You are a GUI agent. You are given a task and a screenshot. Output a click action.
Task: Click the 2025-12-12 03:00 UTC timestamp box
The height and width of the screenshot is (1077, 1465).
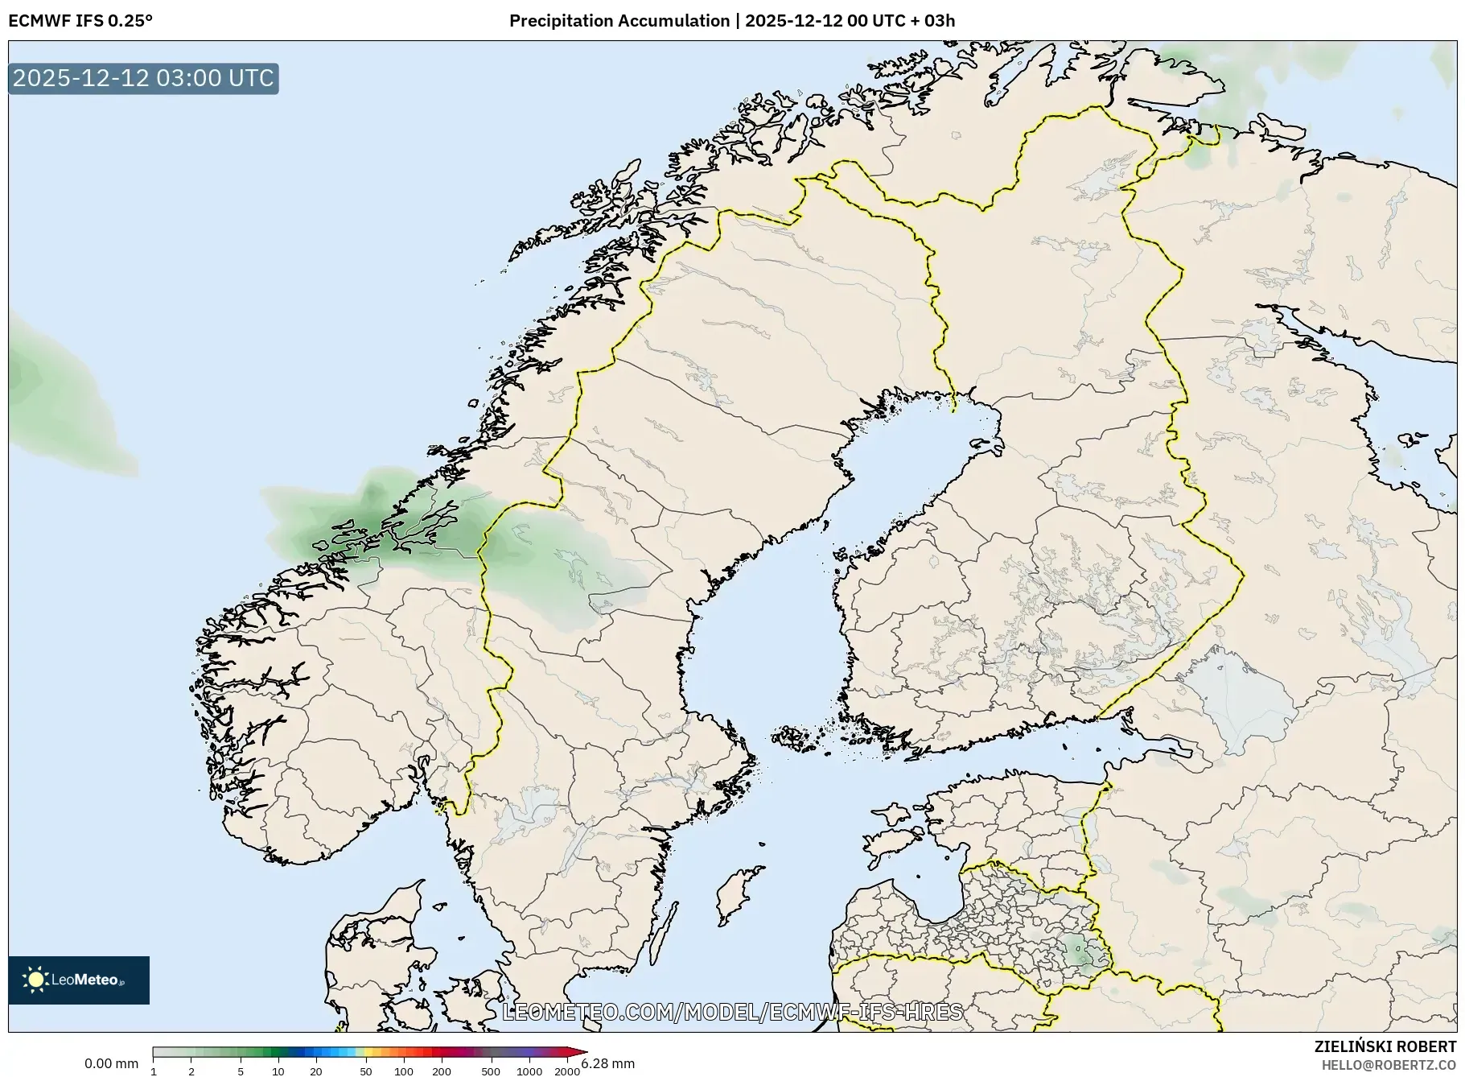[143, 78]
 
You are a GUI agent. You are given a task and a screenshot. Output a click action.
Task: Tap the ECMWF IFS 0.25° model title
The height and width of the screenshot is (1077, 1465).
[80, 21]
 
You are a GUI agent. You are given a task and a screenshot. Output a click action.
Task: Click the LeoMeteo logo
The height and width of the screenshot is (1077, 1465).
[79, 980]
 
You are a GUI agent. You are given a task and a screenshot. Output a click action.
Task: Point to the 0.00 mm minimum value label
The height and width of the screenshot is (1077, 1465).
[111, 1063]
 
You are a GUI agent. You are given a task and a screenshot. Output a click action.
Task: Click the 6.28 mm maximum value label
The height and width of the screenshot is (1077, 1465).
[607, 1063]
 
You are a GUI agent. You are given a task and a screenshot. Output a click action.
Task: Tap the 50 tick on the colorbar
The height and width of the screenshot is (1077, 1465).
[366, 1071]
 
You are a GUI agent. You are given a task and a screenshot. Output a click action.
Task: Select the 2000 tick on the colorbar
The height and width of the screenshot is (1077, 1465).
[567, 1071]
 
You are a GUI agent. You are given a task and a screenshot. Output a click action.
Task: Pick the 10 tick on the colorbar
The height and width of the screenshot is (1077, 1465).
[278, 1071]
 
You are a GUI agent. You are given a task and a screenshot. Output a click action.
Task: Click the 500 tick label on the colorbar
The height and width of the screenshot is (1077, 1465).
[490, 1071]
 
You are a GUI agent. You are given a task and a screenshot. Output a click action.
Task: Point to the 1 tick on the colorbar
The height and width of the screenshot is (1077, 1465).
[154, 1071]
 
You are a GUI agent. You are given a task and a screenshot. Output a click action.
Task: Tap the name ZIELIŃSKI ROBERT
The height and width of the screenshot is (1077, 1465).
[1385, 1046]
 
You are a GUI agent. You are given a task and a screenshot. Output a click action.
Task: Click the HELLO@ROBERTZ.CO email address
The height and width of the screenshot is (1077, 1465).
[1389, 1065]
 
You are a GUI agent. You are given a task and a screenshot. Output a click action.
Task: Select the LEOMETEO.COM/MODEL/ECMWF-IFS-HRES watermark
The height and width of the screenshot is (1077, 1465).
[731, 1012]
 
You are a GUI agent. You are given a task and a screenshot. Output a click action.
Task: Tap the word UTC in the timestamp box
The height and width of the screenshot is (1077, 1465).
[251, 78]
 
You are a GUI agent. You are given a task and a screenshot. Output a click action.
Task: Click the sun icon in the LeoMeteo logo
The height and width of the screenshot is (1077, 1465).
[35, 980]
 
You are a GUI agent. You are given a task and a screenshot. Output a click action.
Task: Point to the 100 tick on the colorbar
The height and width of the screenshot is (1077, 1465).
[404, 1071]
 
